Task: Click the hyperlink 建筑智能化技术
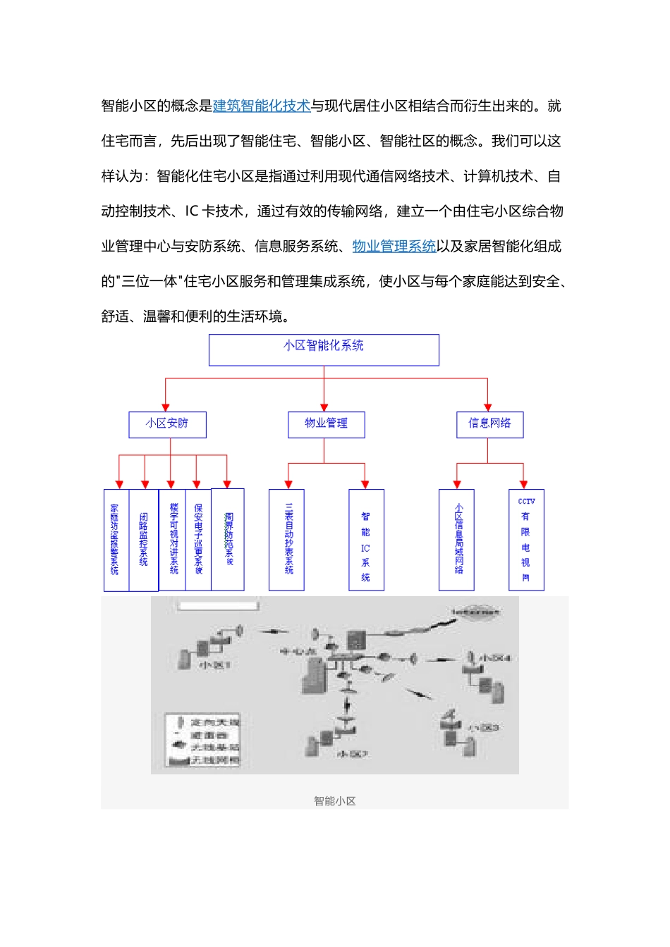pos(262,106)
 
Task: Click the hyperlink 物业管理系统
pos(394,246)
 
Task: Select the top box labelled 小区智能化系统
pos(324,349)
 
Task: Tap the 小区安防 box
pos(167,424)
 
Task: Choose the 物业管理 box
pos(326,424)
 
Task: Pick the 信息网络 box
pos(489,424)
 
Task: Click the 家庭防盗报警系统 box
pos(115,540)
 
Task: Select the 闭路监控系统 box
pos(144,540)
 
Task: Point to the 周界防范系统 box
pos(229,540)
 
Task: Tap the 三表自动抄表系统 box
pos(287,540)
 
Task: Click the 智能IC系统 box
pos(366,540)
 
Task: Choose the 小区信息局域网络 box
pos(456,540)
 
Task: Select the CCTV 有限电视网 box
pos(526,540)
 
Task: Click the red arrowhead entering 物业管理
pos(324,408)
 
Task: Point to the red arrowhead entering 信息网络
pos(487,408)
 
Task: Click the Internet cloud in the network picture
pos(476,612)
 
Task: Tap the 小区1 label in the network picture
pos(215,664)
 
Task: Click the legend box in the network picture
pos(203,740)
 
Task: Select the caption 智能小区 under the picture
pos(334,801)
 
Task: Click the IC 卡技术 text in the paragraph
pos(214,211)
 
